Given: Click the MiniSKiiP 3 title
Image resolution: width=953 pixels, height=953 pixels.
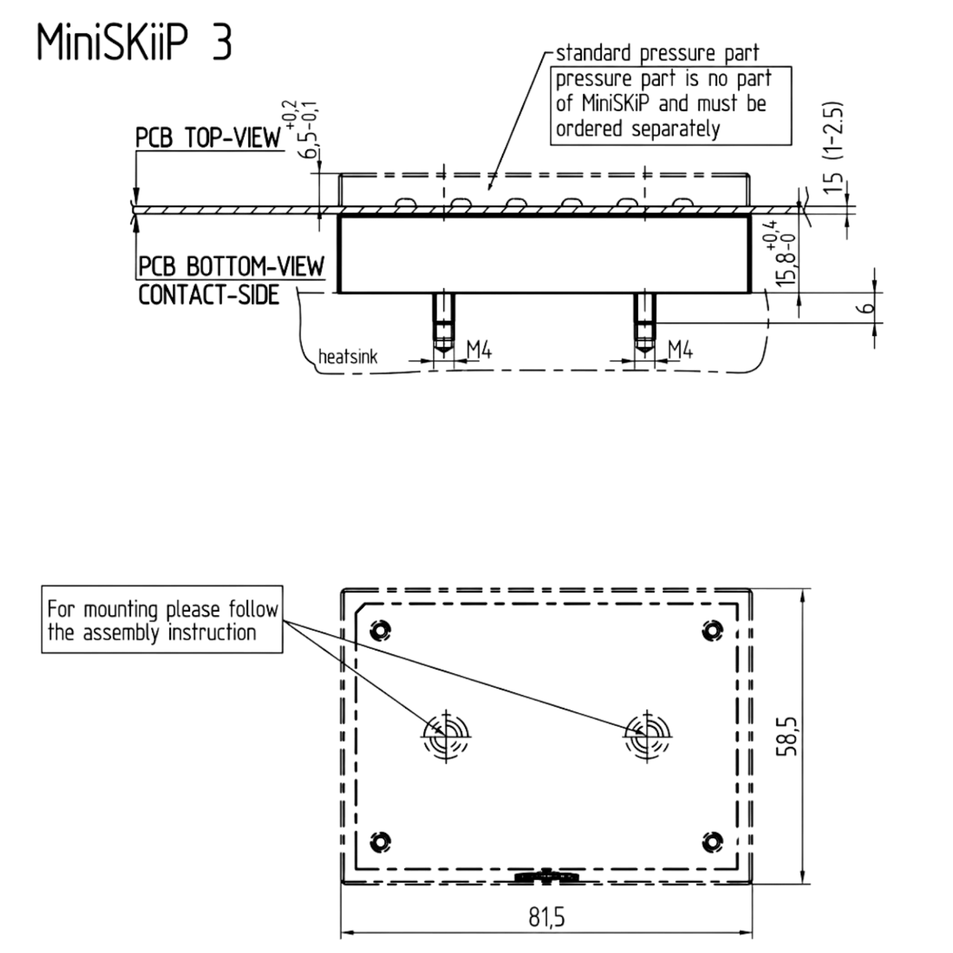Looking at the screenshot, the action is (135, 43).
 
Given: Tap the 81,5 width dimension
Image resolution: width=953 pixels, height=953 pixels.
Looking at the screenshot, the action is (547, 917).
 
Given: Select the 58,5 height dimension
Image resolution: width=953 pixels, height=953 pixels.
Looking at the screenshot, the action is (786, 736).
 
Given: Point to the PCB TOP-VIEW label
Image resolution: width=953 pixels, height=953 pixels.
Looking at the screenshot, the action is (208, 137).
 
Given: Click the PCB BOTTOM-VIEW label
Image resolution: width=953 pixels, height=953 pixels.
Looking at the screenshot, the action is (231, 266).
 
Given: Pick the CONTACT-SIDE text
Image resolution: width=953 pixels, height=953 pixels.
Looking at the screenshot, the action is (208, 295).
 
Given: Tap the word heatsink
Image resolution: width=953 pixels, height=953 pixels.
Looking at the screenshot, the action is (348, 357).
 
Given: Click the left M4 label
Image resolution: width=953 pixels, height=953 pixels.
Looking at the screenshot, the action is (479, 350).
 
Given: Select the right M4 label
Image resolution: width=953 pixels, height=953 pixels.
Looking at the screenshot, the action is (680, 350).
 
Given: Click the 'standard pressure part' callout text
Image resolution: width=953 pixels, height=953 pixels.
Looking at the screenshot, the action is (658, 53).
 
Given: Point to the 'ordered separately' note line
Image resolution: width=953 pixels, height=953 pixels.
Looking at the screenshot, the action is (638, 129).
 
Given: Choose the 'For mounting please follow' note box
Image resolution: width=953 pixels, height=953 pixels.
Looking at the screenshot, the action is (162, 619).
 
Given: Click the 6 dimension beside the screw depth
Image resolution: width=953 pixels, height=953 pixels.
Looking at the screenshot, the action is (866, 308).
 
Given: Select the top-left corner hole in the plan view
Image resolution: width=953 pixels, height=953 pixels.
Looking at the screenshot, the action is (381, 630).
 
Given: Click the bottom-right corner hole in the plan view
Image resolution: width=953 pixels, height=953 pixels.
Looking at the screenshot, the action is (713, 842).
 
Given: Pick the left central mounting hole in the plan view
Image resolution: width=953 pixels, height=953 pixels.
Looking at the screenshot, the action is (446, 736).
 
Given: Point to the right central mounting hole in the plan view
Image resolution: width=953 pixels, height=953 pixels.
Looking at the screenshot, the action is (647, 736).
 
